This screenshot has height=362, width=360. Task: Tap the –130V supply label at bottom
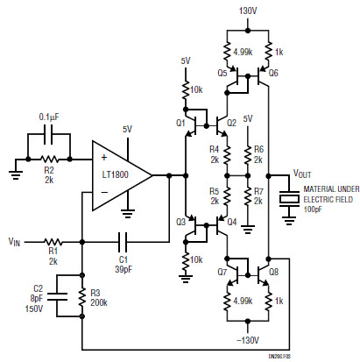[250, 340]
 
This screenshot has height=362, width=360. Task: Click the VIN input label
[16, 238]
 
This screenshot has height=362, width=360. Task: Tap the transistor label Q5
[222, 73]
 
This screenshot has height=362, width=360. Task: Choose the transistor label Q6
[272, 73]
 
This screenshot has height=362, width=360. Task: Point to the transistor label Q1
[180, 124]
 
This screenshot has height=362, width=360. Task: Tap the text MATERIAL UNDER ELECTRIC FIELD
[329, 196]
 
